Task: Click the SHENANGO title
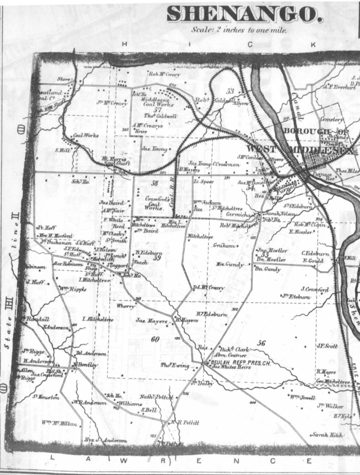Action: point(244,15)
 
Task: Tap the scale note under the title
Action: point(239,30)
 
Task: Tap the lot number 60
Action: point(154,339)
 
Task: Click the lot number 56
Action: point(261,343)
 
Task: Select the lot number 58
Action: point(154,183)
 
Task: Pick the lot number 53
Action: point(230,91)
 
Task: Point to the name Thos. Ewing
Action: point(175,366)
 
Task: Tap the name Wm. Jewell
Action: point(303,398)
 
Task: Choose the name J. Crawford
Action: point(315,289)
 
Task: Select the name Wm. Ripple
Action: point(73,289)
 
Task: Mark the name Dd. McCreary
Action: point(209,288)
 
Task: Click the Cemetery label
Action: point(332,119)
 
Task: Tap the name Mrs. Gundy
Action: point(230,264)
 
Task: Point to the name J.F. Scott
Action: point(327,346)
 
